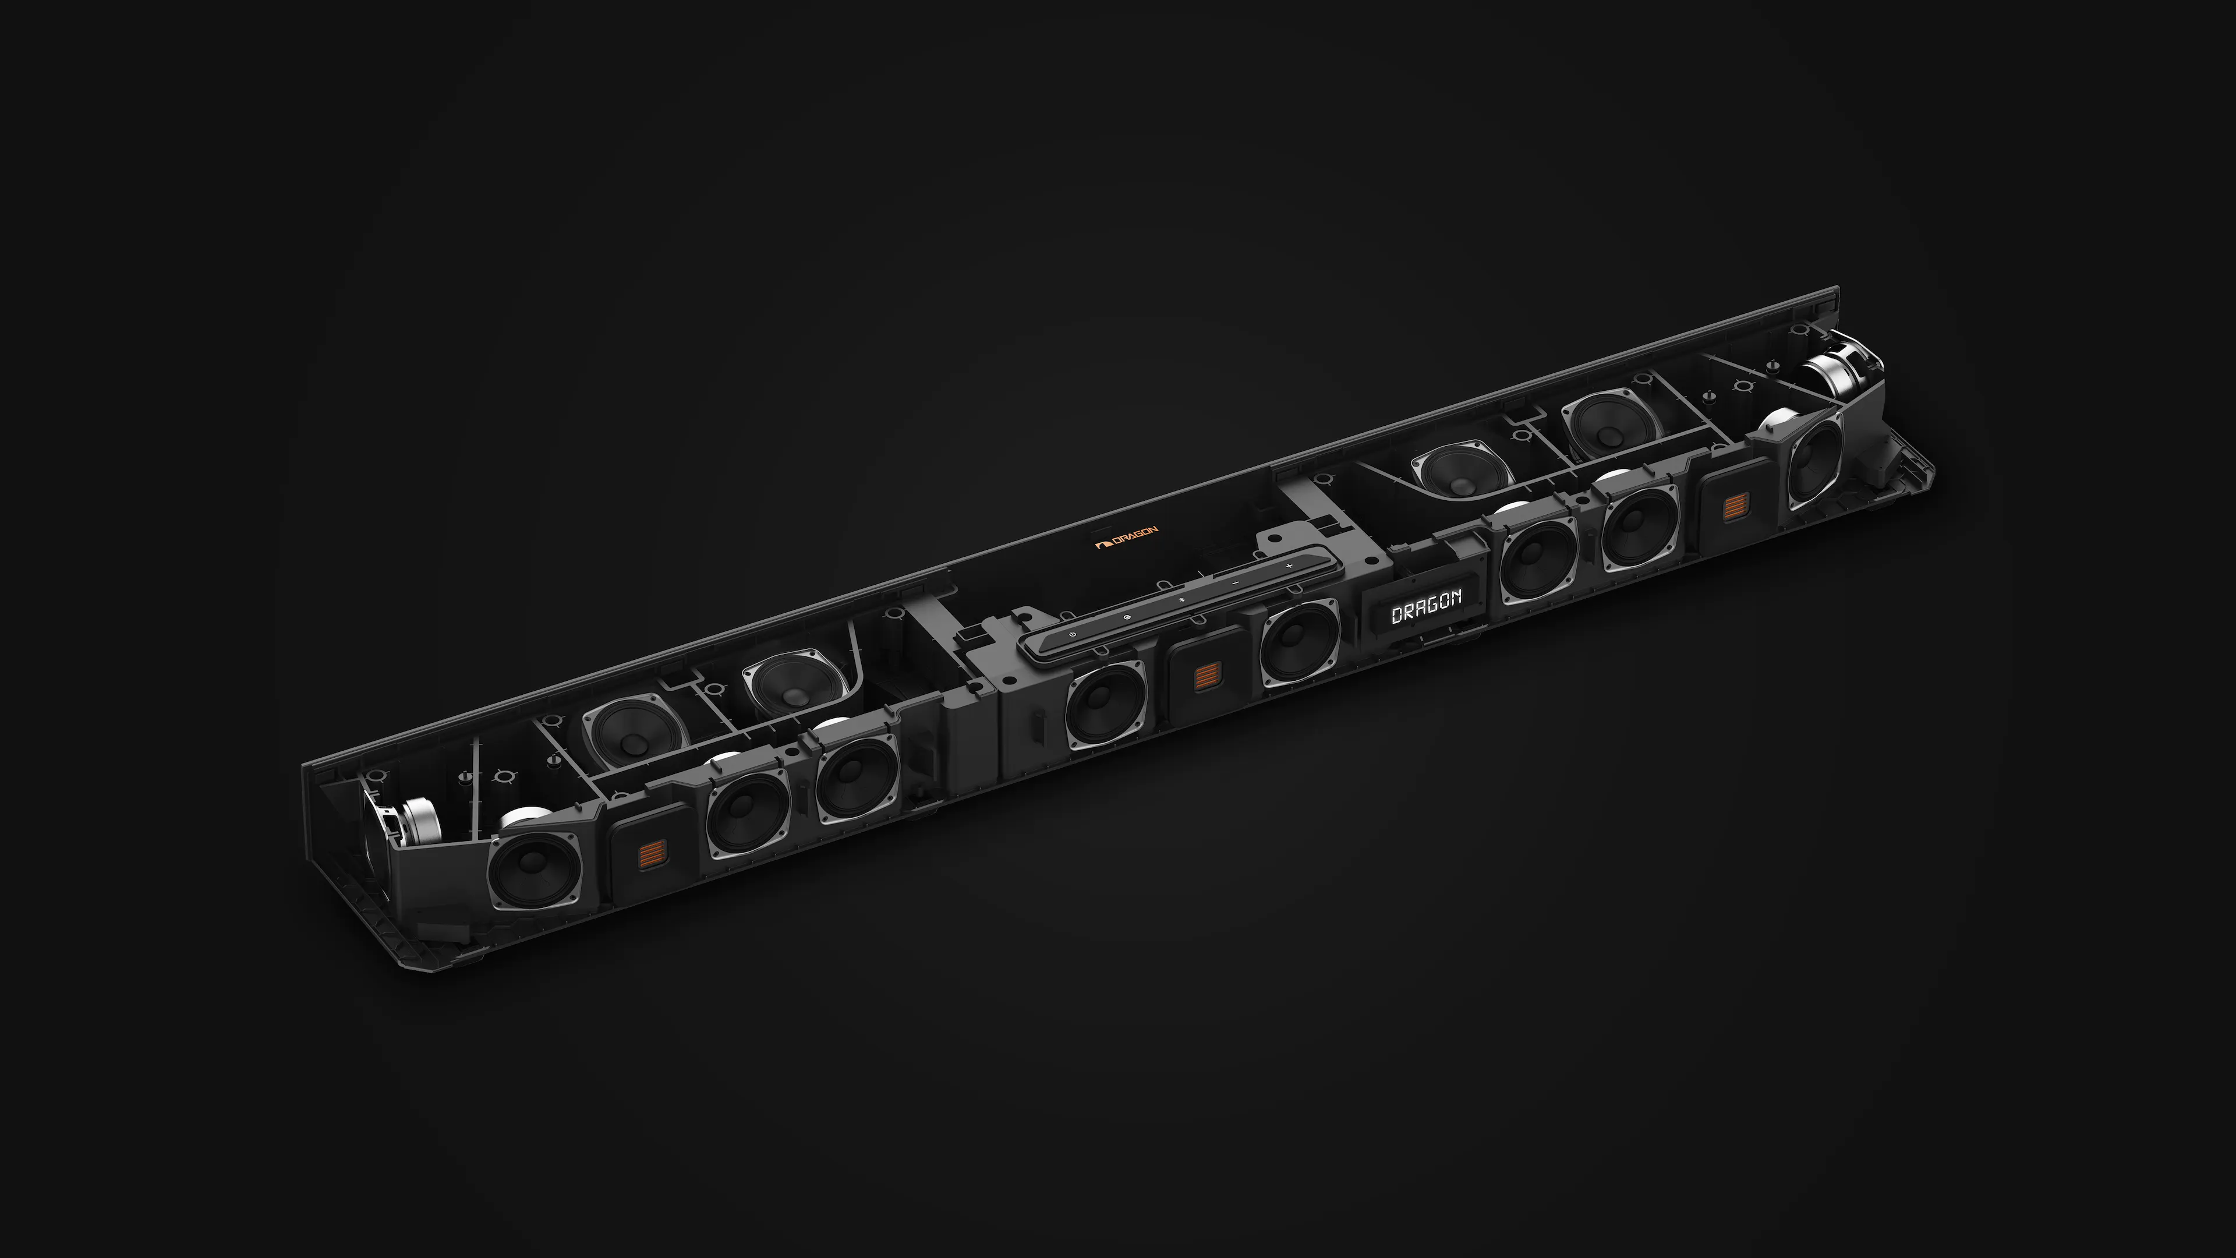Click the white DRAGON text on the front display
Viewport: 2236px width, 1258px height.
click(x=1426, y=606)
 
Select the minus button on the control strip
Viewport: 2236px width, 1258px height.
click(x=1234, y=582)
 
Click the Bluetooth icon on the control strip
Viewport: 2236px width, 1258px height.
click(x=1180, y=599)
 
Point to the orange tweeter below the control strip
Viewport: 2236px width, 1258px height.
click(x=1205, y=676)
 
